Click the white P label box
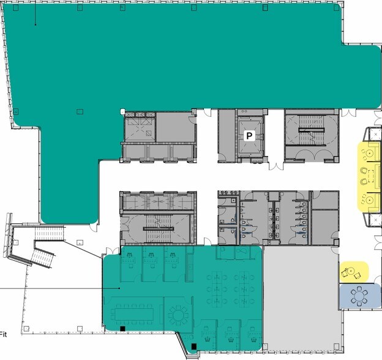(250, 136)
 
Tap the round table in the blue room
(358, 296)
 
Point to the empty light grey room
(300, 297)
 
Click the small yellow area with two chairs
(354, 270)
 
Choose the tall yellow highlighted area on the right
(370, 175)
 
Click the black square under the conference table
(123, 329)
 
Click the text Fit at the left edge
(3, 334)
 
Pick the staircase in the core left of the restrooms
(157, 229)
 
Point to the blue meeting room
(358, 297)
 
